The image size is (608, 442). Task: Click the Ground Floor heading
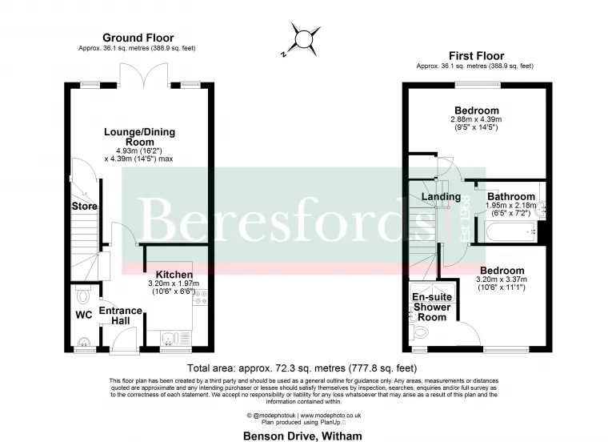[138, 38]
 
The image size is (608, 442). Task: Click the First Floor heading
[477, 56]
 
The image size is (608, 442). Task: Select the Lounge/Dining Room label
[139, 137]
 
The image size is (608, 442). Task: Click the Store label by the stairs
[85, 206]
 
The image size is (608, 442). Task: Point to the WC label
[84, 315]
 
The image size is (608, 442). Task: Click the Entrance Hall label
[121, 315]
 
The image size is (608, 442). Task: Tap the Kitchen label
[174, 275]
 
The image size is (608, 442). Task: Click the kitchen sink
[169, 338]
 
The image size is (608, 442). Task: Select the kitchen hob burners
[200, 298]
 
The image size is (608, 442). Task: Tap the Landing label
[442, 197]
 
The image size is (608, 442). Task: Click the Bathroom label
[511, 196]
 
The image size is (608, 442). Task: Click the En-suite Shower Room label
[432, 307]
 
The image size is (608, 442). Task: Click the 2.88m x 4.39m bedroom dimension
[476, 119]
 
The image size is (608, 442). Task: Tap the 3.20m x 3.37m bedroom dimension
[502, 279]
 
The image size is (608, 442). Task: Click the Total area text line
[302, 368]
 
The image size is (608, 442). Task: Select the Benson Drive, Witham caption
[302, 436]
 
